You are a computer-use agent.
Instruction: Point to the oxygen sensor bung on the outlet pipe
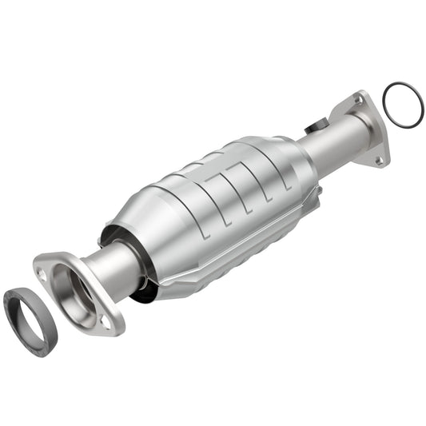click(x=316, y=126)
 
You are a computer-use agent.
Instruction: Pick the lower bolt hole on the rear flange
click(x=378, y=160)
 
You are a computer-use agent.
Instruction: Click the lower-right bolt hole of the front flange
click(x=106, y=320)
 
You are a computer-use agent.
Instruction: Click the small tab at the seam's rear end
click(x=319, y=192)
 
